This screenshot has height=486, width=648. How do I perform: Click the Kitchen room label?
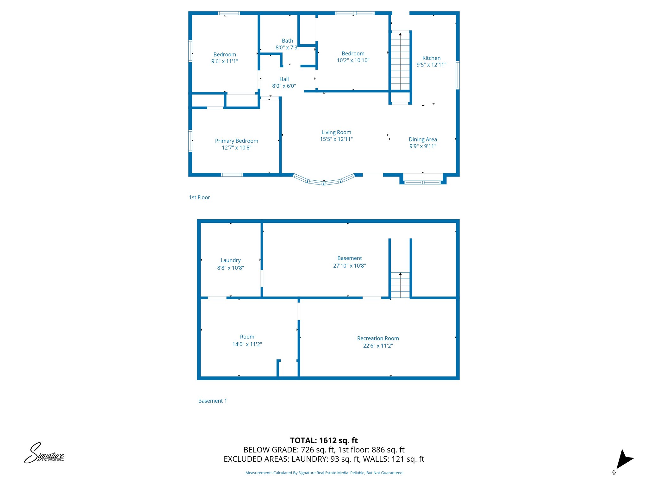tap(431, 58)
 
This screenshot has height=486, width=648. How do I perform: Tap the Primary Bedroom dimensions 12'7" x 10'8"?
tap(236, 148)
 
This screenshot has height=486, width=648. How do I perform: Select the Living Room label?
tap(336, 132)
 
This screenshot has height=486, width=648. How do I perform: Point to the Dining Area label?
tap(423, 140)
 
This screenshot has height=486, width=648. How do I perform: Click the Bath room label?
tap(287, 41)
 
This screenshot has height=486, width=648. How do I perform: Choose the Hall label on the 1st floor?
tap(284, 79)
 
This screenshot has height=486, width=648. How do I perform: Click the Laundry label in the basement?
tap(230, 260)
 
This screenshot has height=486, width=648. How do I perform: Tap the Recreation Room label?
tap(378, 338)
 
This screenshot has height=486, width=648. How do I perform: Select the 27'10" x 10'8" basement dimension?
tap(349, 266)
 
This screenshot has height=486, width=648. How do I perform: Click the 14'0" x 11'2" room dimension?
tap(247, 344)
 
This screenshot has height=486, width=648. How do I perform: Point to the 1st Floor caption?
tap(199, 197)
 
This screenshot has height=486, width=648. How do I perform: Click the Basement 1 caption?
tap(212, 401)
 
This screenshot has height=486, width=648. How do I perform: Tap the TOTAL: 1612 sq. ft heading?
tap(324, 440)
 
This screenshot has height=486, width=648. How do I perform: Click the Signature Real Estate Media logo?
tap(44, 453)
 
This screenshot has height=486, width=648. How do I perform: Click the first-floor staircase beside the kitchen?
tap(400, 62)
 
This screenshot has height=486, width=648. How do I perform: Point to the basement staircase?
tap(400, 285)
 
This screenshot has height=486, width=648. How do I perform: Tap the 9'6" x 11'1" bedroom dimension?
tap(225, 61)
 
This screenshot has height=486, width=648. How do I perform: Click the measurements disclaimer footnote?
tap(324, 473)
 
